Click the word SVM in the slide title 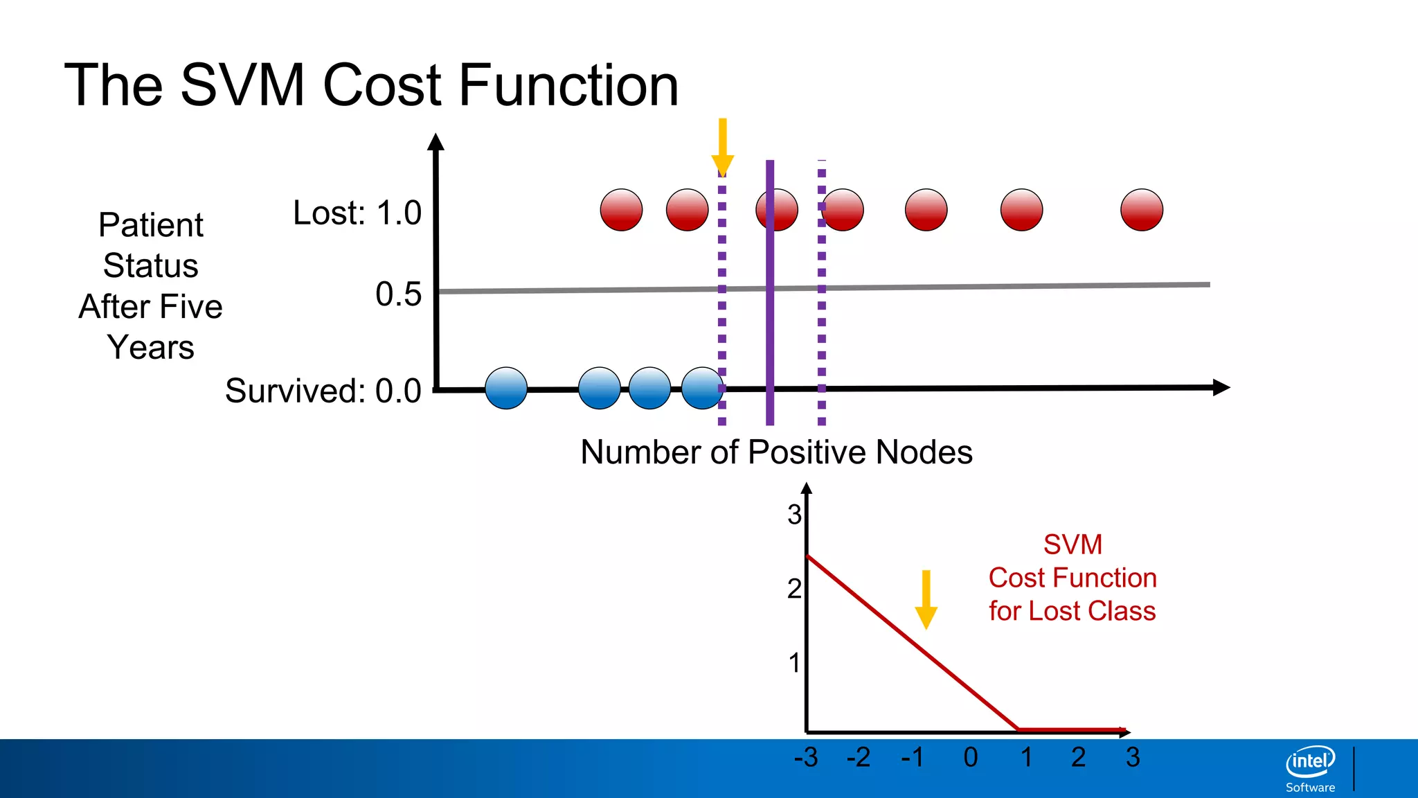coord(242,85)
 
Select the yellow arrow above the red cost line coord(926,600)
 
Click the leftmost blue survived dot coord(506,388)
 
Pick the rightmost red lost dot coord(1142,210)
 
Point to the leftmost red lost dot coord(621,210)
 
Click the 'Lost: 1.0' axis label coord(357,213)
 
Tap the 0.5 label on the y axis coord(398,294)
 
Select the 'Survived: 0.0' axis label coord(323,391)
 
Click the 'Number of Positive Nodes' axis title coord(776,452)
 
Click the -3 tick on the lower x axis coord(806,757)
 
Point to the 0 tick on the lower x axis coord(971,757)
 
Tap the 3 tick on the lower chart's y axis coord(794,515)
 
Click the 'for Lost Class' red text coord(1072,611)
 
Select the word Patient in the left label coord(151,225)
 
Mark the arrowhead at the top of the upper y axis coord(436,142)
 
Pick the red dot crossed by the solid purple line coord(777,210)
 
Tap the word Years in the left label coord(151,347)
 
